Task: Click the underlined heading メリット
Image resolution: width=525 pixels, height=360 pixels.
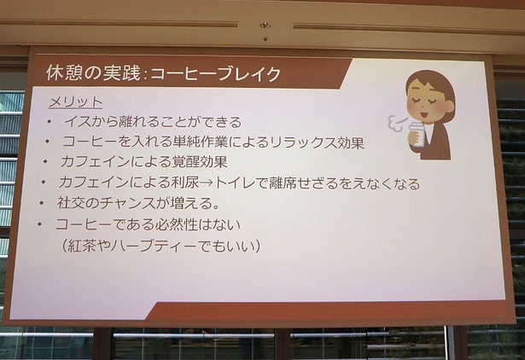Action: coord(75,102)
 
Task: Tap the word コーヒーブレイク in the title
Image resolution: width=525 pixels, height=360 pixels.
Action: coord(215,74)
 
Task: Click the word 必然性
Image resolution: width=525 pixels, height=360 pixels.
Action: coord(177,224)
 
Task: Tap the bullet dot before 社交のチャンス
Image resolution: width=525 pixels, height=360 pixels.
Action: coord(42,203)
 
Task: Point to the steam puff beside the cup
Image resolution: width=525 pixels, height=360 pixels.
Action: coord(396,125)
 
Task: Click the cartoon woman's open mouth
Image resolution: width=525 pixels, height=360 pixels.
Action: coord(424,114)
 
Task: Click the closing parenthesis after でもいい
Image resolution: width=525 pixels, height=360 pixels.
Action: coord(257,247)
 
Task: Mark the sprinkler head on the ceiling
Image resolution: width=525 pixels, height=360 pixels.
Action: coord(265,26)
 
